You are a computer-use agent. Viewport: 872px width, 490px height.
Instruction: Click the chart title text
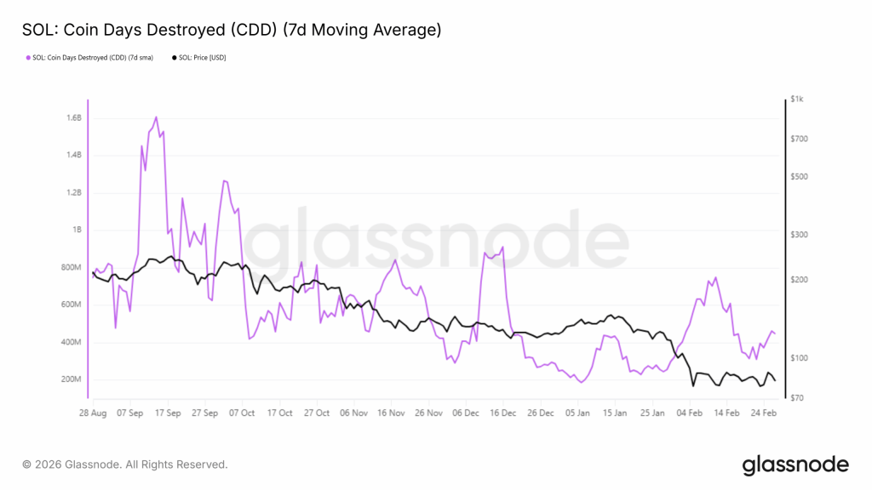pos(231,31)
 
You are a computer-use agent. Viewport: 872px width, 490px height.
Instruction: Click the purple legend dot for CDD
pos(27,58)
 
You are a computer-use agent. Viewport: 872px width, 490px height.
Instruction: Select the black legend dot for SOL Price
pos(175,58)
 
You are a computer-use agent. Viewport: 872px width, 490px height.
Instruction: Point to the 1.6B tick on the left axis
pos(72,117)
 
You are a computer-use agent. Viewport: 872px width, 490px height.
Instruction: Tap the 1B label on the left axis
pos(76,230)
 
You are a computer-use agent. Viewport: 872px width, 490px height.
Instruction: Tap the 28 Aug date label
pos(92,413)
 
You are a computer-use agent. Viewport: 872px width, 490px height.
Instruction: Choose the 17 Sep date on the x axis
pos(168,413)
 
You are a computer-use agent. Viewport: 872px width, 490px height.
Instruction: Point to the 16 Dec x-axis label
pos(503,413)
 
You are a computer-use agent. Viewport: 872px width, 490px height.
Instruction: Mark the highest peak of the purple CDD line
pos(156,117)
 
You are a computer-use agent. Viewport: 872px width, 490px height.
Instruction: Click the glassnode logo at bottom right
pos(795,464)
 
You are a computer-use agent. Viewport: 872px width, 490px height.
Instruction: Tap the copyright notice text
pos(125,464)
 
